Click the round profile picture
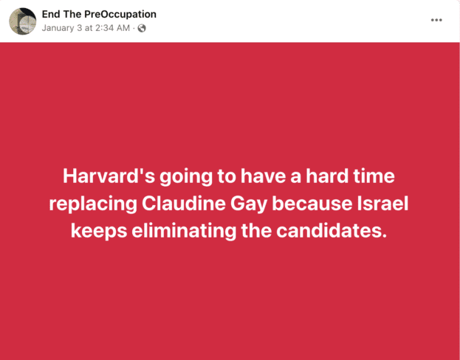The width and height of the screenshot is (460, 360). click(23, 21)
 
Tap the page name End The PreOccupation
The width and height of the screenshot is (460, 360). click(99, 14)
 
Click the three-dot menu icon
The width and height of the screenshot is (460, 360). click(436, 20)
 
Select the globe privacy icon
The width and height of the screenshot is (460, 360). click(142, 28)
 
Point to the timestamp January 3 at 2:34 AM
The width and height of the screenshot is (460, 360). click(86, 28)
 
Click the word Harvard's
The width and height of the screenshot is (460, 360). click(109, 176)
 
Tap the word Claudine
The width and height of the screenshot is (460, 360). click(184, 204)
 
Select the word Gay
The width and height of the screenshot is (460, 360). click(249, 204)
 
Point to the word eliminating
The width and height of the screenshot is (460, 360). click(184, 231)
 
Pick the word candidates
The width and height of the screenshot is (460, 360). click(331, 231)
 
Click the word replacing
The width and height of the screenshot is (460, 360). click(93, 204)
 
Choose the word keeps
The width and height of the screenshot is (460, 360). click(99, 232)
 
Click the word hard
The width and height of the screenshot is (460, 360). click(327, 176)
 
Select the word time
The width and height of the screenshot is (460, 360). click(374, 176)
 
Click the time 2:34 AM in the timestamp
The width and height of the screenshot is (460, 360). click(112, 28)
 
